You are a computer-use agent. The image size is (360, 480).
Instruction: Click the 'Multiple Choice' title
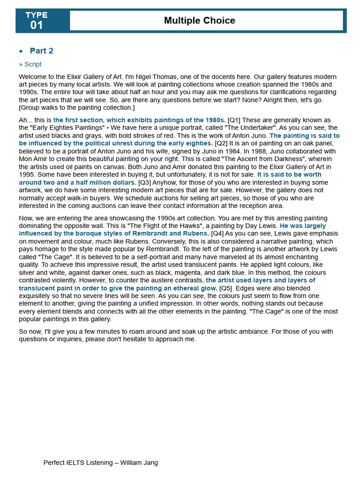click(x=200, y=21)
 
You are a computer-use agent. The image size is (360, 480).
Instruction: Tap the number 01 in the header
click(x=37, y=25)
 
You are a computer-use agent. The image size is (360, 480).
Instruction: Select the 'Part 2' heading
click(x=42, y=51)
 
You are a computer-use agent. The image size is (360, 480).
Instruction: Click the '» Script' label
click(x=30, y=64)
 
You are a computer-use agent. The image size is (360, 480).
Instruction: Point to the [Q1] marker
click(x=234, y=120)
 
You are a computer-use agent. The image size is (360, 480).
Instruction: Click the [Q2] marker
click(x=221, y=143)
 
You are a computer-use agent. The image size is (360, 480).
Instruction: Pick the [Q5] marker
click(x=225, y=288)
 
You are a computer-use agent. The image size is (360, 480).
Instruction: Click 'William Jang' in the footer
click(x=139, y=463)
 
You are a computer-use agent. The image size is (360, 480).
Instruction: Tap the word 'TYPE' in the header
click(x=37, y=15)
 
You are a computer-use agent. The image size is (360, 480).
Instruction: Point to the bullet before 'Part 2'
click(x=21, y=51)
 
